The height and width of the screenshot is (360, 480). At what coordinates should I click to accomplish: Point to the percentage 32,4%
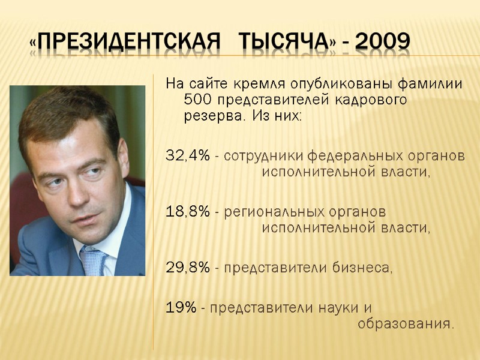(x=187, y=157)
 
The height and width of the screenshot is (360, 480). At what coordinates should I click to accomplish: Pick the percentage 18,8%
(x=187, y=212)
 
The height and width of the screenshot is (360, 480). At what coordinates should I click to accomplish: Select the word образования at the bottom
(x=405, y=325)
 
